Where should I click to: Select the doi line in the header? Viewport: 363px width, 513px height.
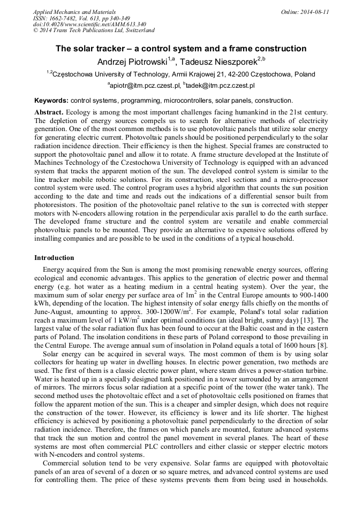[89, 24]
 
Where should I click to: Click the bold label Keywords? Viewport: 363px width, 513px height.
[51, 101]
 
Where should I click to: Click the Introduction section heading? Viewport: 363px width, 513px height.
[54, 257]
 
